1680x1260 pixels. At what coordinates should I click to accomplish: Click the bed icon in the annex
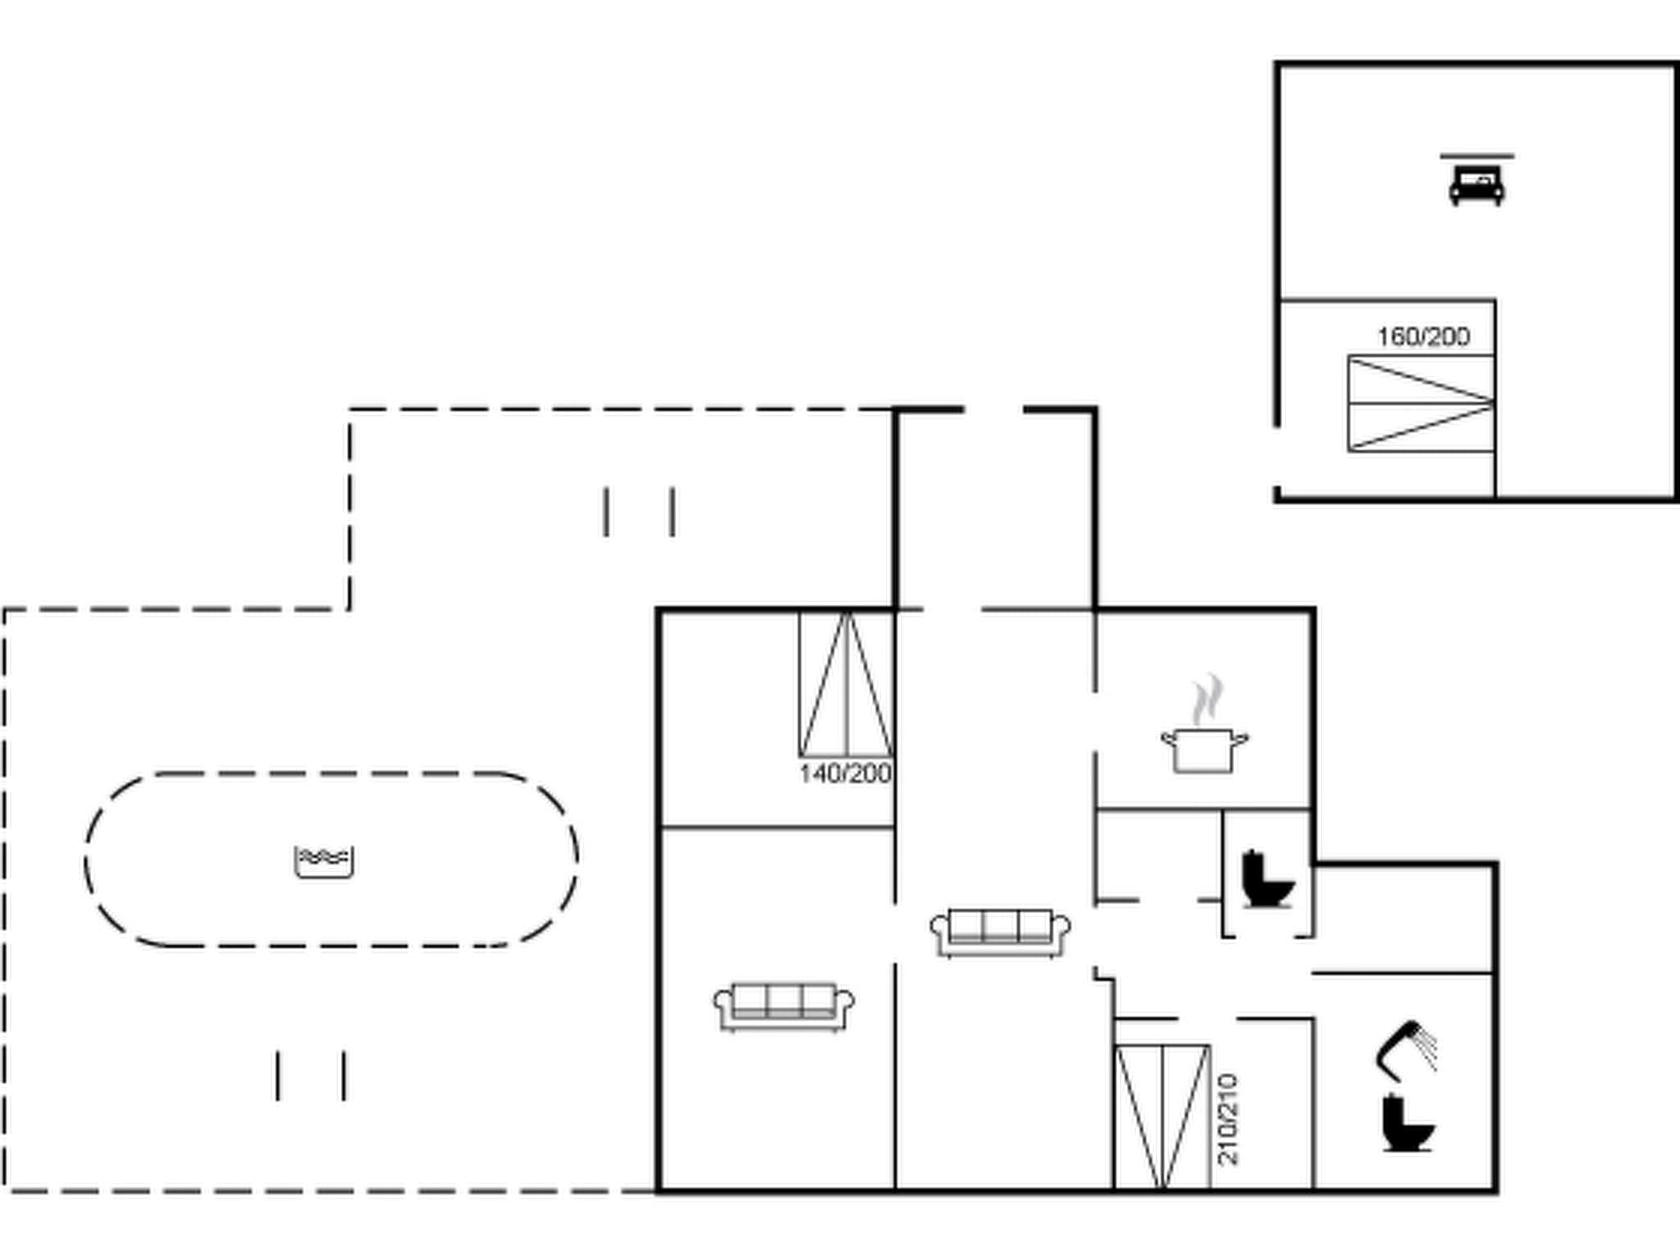(x=1477, y=185)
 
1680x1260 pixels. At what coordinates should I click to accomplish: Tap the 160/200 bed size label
(x=1423, y=336)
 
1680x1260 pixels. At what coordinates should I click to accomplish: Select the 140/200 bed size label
(x=845, y=774)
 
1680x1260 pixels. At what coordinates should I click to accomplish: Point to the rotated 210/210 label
(x=1228, y=1119)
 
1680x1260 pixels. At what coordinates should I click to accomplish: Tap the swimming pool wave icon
(x=324, y=861)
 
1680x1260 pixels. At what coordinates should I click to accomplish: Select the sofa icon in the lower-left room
(x=783, y=1006)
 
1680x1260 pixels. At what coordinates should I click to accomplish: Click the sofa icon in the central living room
(x=1000, y=932)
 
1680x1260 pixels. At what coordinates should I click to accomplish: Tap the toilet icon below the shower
(x=1408, y=1124)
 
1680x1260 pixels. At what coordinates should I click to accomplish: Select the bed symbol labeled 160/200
(x=1421, y=404)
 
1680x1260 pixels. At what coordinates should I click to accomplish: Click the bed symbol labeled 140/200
(x=846, y=685)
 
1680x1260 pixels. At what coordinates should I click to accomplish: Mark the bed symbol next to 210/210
(x=1162, y=1116)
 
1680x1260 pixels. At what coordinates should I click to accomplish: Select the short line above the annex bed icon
(x=1477, y=155)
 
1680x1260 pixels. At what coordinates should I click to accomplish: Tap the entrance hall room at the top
(x=995, y=509)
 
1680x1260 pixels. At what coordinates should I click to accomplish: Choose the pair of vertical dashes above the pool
(x=639, y=512)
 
